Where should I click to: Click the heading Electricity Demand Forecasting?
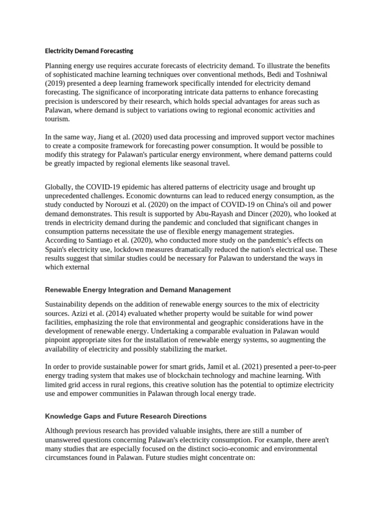tap(89, 51)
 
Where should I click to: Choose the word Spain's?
tap(59, 250)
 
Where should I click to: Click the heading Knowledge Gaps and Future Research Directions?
tap(126, 416)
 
